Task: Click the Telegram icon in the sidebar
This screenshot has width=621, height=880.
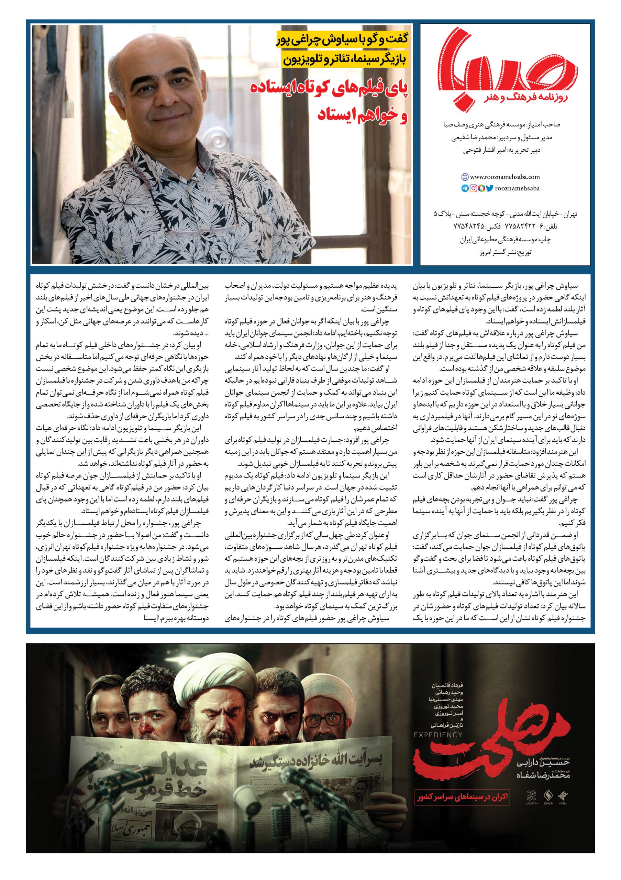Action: (465, 189)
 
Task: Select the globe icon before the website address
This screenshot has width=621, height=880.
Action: (465, 177)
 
